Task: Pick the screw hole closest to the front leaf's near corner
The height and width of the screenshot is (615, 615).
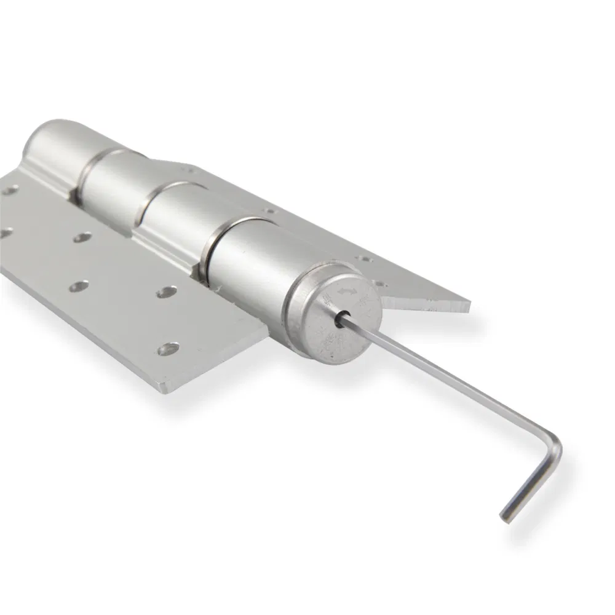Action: pos(168,349)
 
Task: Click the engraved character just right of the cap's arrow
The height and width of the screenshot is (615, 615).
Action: pos(367,300)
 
